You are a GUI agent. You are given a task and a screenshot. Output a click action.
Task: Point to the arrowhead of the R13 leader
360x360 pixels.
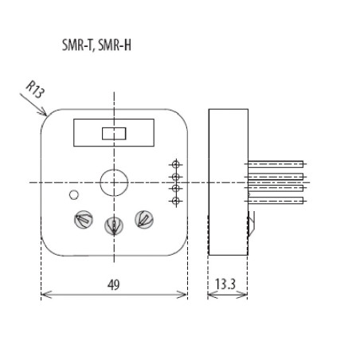pyautogui.click(x=45, y=115)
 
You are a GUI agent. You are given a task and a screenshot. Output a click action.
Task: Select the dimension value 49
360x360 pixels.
pyautogui.click(x=114, y=284)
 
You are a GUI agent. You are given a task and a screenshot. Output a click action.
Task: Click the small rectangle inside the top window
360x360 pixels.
pyautogui.click(x=114, y=133)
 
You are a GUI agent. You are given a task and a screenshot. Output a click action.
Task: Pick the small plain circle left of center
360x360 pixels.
pyautogui.click(x=73, y=194)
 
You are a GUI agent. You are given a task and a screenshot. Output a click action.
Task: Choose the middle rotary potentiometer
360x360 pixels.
pyautogui.click(x=114, y=227)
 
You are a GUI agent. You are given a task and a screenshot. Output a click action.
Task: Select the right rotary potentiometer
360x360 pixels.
pyautogui.click(x=144, y=217)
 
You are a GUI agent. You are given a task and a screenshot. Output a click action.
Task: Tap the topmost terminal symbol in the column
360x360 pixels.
pyautogui.click(x=174, y=164)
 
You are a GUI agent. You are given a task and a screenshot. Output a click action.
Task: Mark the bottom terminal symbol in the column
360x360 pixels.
pyautogui.click(x=174, y=202)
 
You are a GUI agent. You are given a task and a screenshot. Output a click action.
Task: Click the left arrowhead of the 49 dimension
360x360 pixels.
pyautogui.click(x=43, y=295)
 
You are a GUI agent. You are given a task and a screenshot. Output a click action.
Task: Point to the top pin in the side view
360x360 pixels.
pyautogui.click(x=275, y=164)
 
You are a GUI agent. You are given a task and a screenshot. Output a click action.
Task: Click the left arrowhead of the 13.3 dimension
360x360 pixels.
pyautogui.click(x=210, y=295)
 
